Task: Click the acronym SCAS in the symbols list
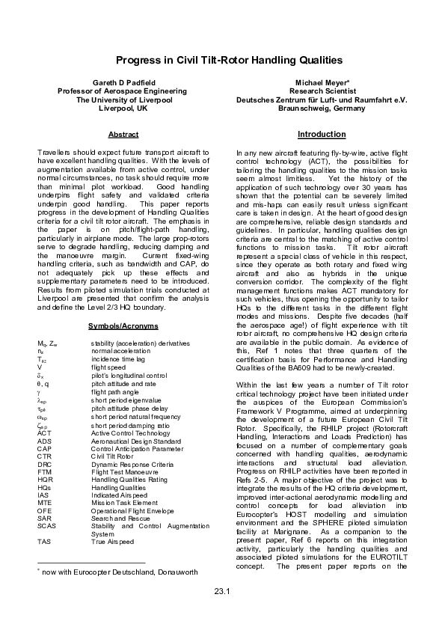click(46, 504)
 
